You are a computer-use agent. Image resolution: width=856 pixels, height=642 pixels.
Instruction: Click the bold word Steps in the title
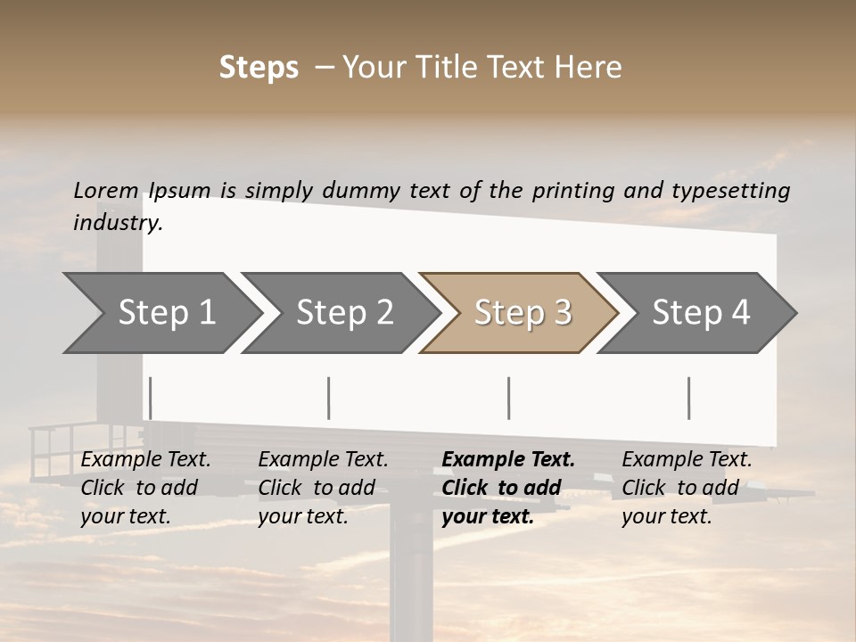259,68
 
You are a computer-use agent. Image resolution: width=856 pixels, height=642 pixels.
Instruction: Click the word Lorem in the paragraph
106,190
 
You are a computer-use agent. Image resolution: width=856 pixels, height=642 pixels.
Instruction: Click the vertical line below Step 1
151,398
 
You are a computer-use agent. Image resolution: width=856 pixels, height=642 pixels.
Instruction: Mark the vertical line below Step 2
329,398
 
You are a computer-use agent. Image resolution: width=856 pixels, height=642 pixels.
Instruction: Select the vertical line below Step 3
508,398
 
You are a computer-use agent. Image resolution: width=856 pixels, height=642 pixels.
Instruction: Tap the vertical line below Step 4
688,398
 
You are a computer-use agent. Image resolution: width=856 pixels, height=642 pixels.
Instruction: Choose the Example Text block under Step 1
145,488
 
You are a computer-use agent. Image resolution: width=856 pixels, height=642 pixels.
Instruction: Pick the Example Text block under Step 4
687,488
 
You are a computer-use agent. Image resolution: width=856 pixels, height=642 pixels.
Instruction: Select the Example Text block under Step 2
323,488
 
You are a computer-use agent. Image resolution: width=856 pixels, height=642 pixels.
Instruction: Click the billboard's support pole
411,580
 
